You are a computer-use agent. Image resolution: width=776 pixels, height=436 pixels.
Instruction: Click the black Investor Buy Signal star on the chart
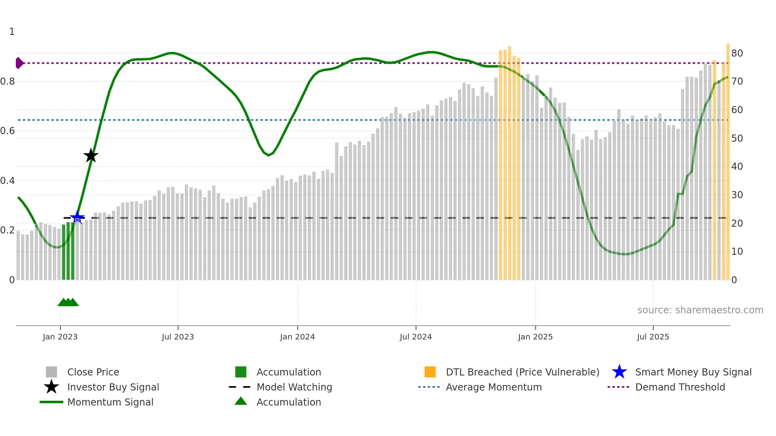91,155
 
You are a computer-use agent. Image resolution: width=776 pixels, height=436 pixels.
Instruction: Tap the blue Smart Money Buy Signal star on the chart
77,217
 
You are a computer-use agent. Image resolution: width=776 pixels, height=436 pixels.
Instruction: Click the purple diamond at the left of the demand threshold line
19,63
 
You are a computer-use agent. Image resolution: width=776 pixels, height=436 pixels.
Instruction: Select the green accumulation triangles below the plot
68,302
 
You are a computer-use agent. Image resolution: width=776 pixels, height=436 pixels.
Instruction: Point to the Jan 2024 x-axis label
297,337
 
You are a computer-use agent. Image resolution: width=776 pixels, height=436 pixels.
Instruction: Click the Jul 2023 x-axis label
178,337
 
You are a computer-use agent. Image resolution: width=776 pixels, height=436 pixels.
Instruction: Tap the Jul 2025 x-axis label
653,337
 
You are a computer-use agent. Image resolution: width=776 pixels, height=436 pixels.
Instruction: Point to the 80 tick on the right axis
737,53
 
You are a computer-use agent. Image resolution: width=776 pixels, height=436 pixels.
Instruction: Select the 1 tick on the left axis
12,32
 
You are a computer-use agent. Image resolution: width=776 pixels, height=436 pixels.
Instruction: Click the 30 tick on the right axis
737,195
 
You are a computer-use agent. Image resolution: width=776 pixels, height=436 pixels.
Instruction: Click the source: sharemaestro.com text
700,310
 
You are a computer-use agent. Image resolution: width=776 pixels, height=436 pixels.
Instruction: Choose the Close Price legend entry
93,372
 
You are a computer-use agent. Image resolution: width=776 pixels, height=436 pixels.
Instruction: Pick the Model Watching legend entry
294,387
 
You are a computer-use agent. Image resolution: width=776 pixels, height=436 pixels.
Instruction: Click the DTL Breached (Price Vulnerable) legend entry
522,372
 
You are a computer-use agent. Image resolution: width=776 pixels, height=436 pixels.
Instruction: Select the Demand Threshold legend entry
680,387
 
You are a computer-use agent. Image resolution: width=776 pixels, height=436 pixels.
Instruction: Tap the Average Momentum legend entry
493,387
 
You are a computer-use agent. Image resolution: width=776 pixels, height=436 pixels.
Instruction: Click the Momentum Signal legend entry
110,402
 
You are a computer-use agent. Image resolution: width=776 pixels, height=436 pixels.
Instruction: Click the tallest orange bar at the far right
728,158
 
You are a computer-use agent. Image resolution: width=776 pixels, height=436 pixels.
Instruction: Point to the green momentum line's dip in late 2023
268,155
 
